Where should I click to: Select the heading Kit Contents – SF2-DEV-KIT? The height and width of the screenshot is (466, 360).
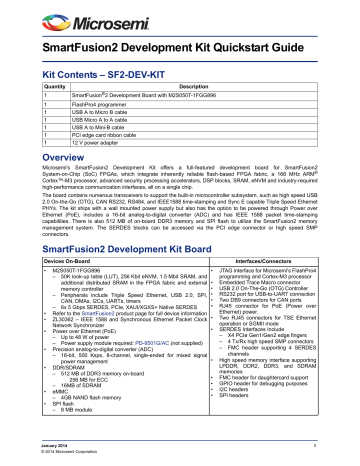click(102, 74)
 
